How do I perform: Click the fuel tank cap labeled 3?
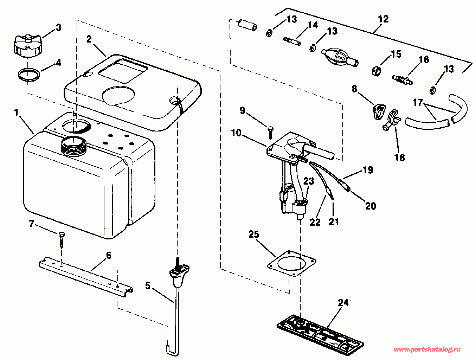tap(26, 46)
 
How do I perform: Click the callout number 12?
tap(383, 19)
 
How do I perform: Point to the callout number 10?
tap(236, 133)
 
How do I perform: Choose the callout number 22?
tap(315, 222)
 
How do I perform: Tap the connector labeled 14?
tap(291, 41)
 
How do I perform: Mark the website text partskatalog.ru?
tap(427, 349)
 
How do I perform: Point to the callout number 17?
tap(417, 103)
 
